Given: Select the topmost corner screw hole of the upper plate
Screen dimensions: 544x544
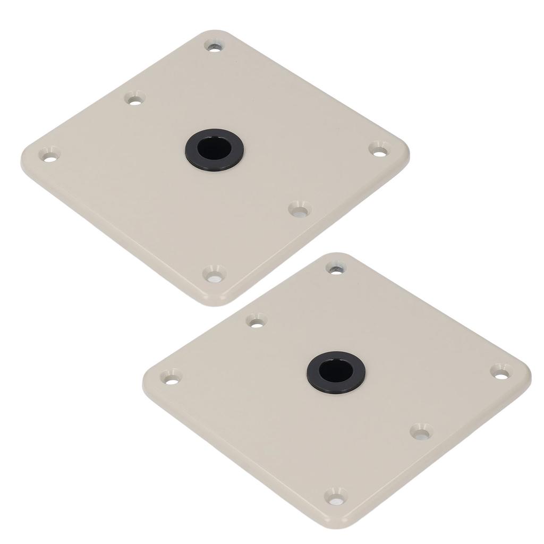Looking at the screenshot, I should click(x=214, y=46).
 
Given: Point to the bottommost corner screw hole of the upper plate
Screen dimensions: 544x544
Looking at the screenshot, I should click(x=214, y=274).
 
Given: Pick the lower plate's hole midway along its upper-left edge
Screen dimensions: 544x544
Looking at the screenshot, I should click(x=257, y=320).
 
